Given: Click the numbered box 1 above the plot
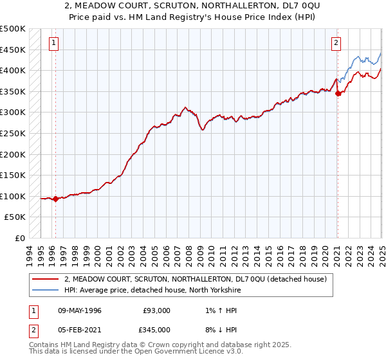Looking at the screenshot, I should [53, 44].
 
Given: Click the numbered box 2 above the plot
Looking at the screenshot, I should [336, 44].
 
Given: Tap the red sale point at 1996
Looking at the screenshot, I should [55, 199].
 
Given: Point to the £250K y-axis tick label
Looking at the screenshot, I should [14, 133].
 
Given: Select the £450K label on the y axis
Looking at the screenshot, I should [14, 50].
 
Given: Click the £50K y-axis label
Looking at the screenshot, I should [16, 217].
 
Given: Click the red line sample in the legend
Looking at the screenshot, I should [46, 279].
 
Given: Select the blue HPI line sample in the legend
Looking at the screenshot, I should [46, 289].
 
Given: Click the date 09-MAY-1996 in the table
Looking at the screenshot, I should [80, 310].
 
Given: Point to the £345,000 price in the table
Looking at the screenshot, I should [156, 330].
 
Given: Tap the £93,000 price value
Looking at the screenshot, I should [156, 310].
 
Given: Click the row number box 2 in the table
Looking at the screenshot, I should [33, 330].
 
